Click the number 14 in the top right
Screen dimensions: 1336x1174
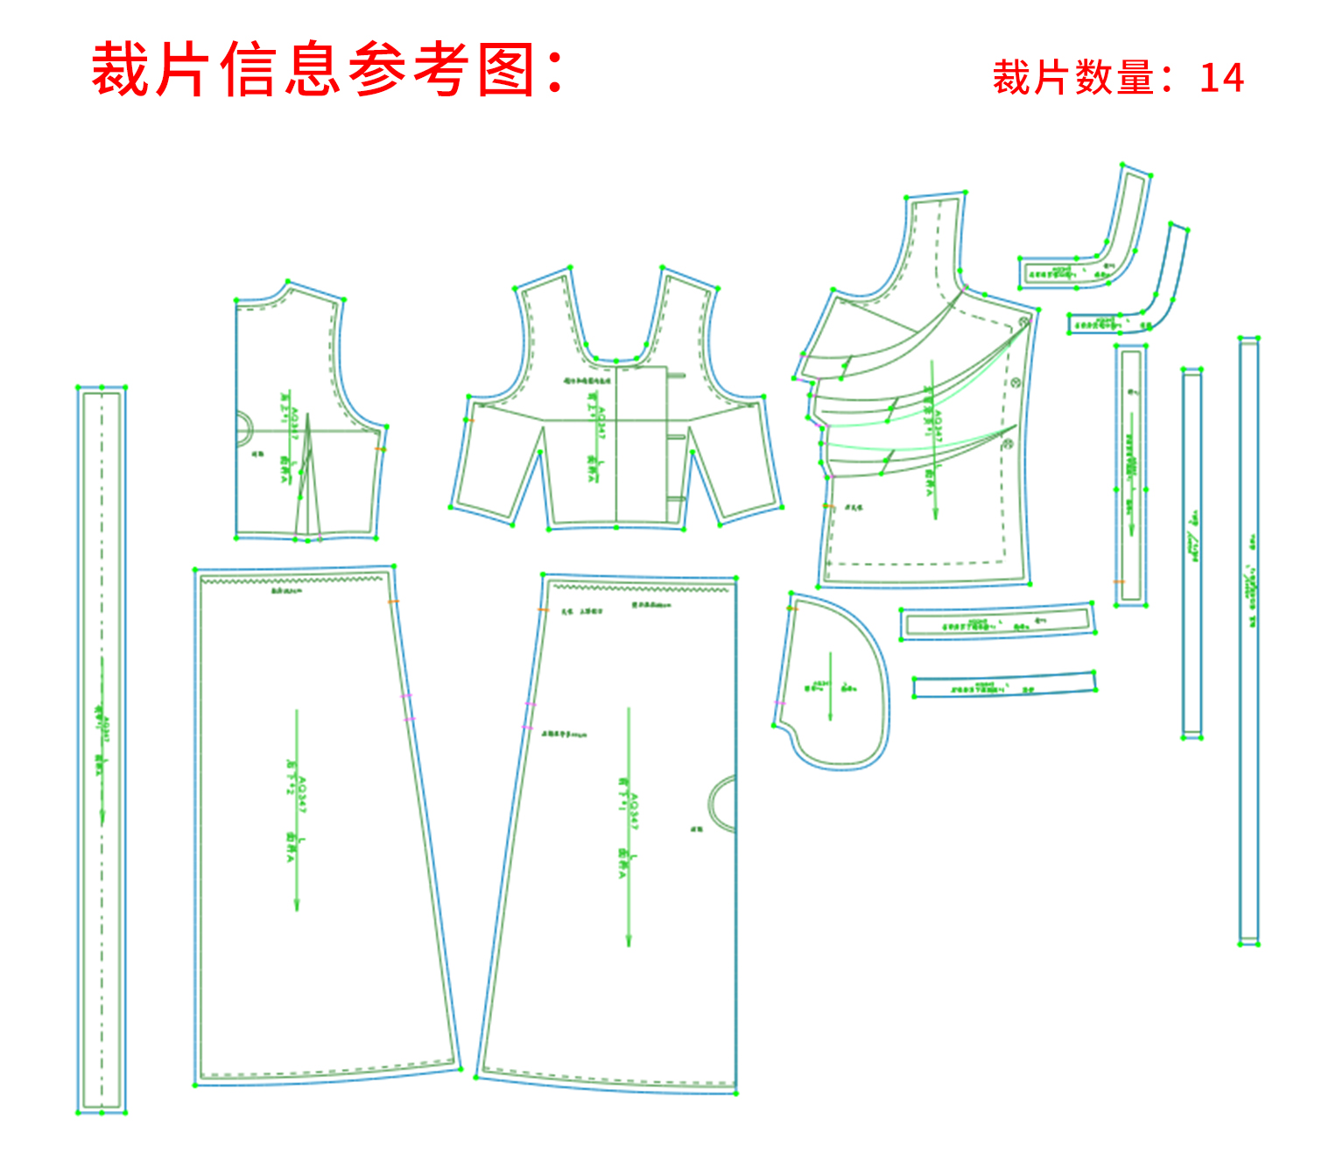[1221, 78]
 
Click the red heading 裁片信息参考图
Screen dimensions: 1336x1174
[326, 69]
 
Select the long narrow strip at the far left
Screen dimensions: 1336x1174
[102, 749]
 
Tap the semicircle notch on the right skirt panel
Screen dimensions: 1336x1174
[722, 804]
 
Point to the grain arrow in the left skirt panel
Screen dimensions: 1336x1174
[297, 810]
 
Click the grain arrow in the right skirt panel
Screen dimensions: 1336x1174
[629, 827]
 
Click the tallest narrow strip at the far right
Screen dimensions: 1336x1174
[1248, 639]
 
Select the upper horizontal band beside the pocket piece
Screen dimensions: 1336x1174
[997, 622]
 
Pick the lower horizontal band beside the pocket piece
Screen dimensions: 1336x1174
[1003, 685]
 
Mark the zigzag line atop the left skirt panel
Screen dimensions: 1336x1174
[292, 579]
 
